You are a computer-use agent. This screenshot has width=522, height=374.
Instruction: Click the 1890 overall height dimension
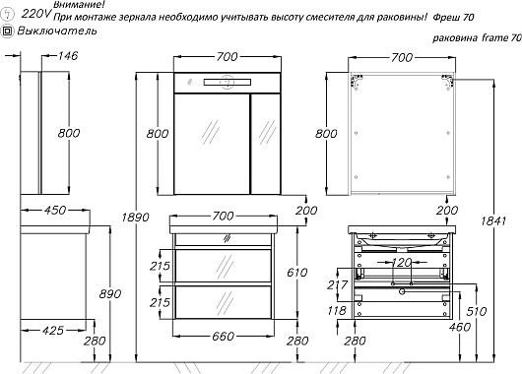click(135, 218)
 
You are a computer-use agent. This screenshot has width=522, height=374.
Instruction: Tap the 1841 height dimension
click(493, 220)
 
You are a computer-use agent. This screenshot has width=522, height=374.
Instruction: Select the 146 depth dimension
click(68, 55)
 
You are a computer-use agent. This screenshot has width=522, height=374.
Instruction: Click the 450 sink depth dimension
click(55, 211)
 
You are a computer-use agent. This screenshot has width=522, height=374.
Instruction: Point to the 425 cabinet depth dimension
click(53, 331)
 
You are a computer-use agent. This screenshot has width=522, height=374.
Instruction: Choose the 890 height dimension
click(110, 294)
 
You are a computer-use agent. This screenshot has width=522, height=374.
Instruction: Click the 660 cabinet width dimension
click(223, 336)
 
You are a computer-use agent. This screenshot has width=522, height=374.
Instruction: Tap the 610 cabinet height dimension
click(297, 273)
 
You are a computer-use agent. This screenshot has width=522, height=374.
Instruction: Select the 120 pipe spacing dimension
click(402, 263)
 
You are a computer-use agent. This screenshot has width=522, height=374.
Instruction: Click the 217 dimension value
click(338, 284)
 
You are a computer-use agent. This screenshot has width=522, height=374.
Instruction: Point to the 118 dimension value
click(337, 310)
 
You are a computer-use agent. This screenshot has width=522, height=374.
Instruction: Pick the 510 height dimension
click(477, 311)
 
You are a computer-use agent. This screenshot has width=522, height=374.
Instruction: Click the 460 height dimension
click(460, 327)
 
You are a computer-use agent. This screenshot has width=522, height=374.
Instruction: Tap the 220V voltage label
click(36, 14)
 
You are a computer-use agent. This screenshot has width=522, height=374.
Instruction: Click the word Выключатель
click(57, 31)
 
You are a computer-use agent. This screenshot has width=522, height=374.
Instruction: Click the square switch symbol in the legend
click(7, 31)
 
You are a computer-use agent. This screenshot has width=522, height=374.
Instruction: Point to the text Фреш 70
click(453, 18)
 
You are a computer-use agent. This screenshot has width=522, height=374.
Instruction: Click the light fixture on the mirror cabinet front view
click(228, 82)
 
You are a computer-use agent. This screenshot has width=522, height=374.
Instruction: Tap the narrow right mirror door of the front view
click(265, 144)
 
